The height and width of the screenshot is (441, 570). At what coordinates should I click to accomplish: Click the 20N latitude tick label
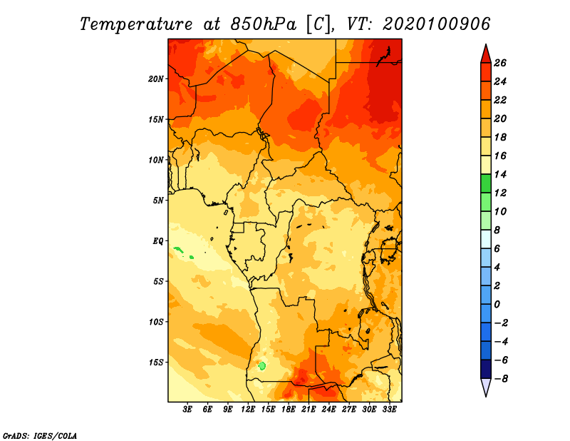tap(156, 79)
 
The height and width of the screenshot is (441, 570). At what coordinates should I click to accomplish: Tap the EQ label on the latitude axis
tap(158, 241)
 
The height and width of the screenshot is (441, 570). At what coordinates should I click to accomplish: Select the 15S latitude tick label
tap(156, 363)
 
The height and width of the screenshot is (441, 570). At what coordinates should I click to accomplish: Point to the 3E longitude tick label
tap(187, 410)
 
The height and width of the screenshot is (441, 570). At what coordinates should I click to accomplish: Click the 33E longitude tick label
tap(389, 410)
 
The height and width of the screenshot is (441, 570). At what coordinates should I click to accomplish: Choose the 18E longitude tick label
tap(289, 410)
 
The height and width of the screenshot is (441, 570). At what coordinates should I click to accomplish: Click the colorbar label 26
tap(500, 64)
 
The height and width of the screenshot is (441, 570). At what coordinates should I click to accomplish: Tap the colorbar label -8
tap(502, 379)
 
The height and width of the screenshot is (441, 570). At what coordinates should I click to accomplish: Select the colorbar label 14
tap(500, 175)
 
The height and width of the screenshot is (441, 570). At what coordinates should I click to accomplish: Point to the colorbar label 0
tap(497, 305)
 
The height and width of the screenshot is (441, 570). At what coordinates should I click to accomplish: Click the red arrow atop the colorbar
tap(486, 54)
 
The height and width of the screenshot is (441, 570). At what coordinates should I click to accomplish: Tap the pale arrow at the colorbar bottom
tap(486, 387)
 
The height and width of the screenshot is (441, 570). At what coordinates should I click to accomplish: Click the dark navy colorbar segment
tap(486, 369)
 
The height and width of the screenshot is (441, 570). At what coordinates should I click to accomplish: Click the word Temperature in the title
tap(136, 24)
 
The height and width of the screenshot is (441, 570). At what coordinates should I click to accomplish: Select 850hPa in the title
tap(264, 24)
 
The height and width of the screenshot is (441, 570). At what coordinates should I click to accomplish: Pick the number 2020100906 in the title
tap(437, 24)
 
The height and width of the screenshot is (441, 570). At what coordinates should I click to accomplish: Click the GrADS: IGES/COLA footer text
tap(40, 436)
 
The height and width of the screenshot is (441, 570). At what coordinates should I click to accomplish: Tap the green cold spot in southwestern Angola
tap(261, 365)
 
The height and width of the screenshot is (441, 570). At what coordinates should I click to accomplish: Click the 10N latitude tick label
tap(156, 160)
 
